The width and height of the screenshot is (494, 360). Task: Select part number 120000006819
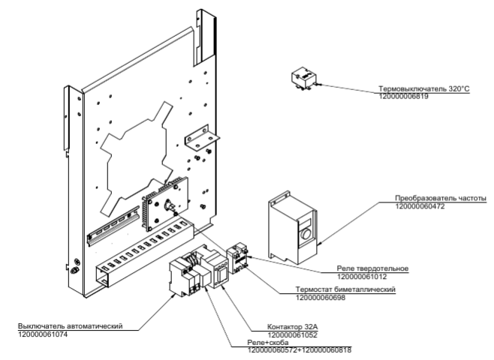(405, 97)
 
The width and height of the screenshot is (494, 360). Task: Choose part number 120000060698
(322, 297)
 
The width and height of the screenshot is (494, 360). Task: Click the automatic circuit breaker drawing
(182, 275)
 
